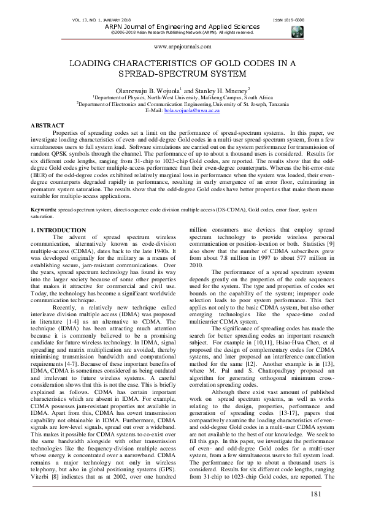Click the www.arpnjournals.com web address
click(182, 46)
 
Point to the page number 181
click(316, 495)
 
